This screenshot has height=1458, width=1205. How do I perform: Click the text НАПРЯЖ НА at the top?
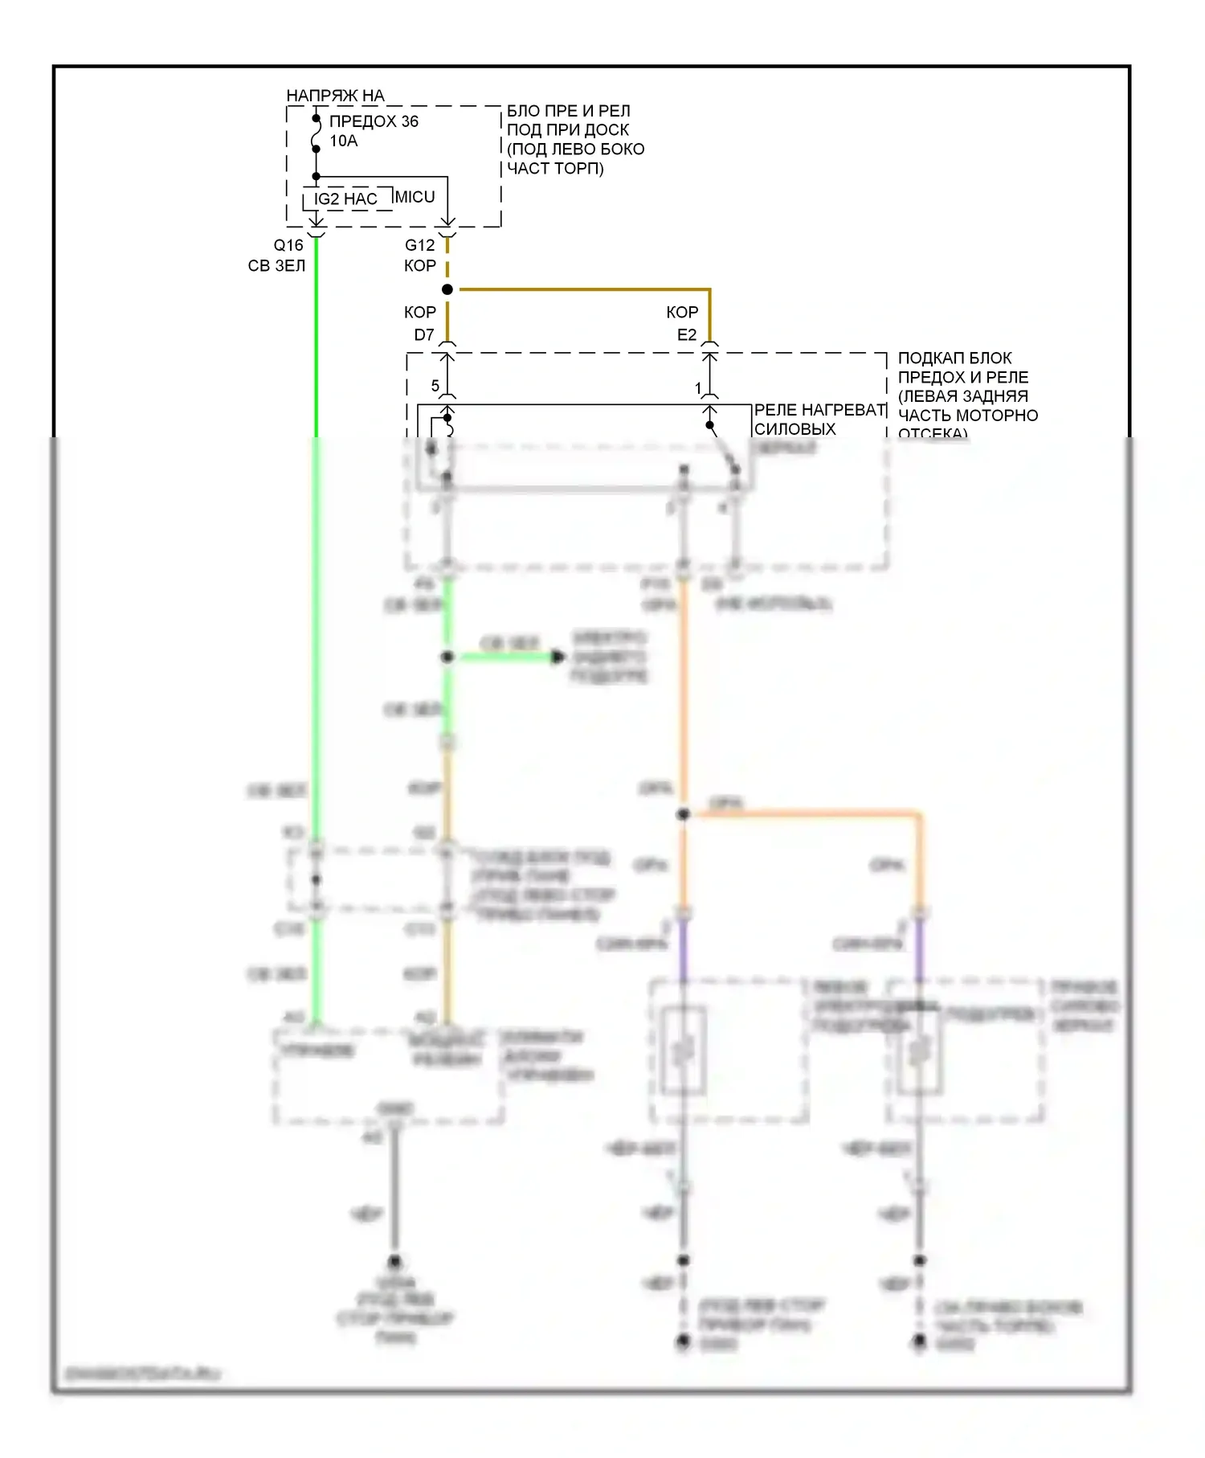[335, 96]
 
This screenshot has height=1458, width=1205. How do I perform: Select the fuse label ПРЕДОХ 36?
[374, 121]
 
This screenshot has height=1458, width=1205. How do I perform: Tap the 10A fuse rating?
[343, 141]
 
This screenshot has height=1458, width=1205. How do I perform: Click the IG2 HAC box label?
[345, 199]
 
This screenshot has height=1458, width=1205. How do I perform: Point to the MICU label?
[415, 197]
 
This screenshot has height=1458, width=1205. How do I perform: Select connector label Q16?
[288, 245]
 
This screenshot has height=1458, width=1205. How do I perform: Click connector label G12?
[419, 245]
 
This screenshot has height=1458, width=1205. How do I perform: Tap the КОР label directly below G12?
[419, 266]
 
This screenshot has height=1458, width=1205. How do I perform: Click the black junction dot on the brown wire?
[447, 289]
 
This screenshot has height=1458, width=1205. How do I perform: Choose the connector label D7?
[423, 334]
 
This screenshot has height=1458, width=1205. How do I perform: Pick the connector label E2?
[686, 334]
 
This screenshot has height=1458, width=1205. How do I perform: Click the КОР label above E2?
[682, 312]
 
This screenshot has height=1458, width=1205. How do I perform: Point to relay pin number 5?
[435, 386]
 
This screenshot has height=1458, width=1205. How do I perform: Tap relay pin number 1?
[698, 388]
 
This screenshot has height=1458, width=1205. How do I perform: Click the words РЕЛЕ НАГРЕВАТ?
[819, 410]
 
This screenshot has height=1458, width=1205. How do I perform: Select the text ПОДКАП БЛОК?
[954, 358]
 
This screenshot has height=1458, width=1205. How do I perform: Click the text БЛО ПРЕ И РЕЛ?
[568, 111]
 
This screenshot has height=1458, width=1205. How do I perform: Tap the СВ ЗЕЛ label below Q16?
[276, 266]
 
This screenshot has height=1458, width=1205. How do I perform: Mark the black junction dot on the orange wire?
[684, 814]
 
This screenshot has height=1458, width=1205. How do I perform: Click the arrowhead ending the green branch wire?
[558, 657]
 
